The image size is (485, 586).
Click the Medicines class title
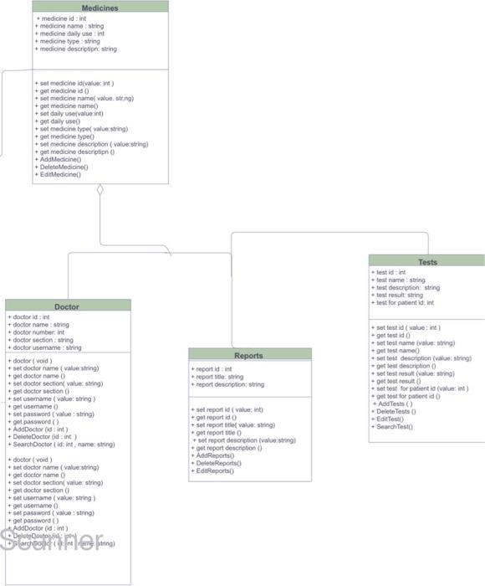coord(100,8)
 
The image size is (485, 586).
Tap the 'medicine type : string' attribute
coord(69,41)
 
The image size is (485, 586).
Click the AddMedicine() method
coord(60,159)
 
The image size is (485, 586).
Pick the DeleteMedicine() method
coord(63,167)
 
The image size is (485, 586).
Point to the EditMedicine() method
coord(60,174)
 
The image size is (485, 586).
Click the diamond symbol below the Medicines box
coord(100,190)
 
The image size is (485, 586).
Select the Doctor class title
coord(67,306)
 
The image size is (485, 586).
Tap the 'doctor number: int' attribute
coord(38,332)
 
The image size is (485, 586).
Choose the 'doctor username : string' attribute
coord(46,347)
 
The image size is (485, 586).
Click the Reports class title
coord(248,355)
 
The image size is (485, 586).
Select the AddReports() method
coord(217,455)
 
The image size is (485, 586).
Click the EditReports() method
coord(215,470)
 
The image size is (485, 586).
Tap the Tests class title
coord(427,262)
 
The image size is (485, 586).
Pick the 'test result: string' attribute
coord(401,295)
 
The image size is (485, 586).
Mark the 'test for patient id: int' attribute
coord(406,302)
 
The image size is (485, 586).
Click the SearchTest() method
coord(395,427)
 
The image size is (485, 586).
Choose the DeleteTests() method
coord(396,412)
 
